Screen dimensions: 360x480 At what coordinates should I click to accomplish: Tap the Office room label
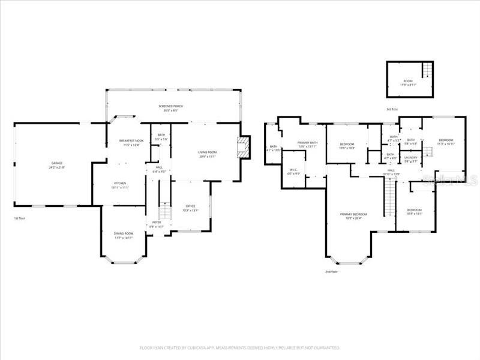(x=190, y=208)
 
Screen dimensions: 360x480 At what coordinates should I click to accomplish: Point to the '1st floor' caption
(x=19, y=218)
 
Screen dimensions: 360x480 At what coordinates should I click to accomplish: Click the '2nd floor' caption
(x=332, y=272)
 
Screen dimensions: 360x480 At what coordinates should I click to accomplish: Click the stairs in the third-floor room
(x=427, y=71)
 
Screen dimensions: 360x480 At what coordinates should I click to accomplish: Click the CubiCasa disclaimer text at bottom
(x=240, y=347)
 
